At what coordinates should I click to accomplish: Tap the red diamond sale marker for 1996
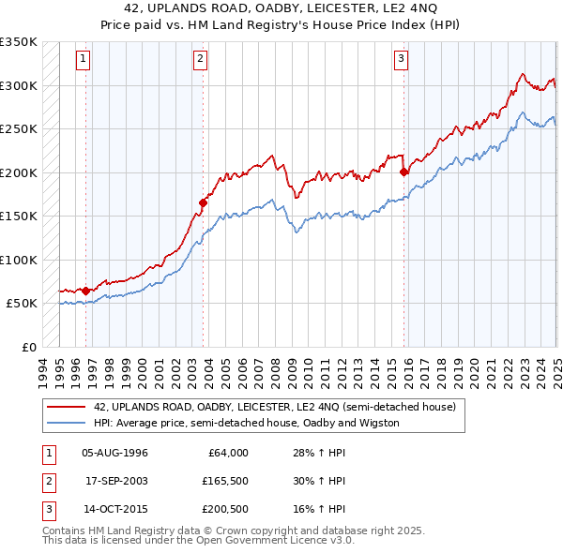coord(85,291)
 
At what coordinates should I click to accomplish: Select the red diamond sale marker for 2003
coord(203,202)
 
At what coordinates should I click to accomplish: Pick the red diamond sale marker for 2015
coord(403,172)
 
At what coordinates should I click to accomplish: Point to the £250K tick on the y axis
coord(20,129)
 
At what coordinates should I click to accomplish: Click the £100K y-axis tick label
coord(20,260)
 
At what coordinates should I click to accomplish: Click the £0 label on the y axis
coord(28,347)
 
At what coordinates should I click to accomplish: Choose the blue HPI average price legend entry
coord(247,423)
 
